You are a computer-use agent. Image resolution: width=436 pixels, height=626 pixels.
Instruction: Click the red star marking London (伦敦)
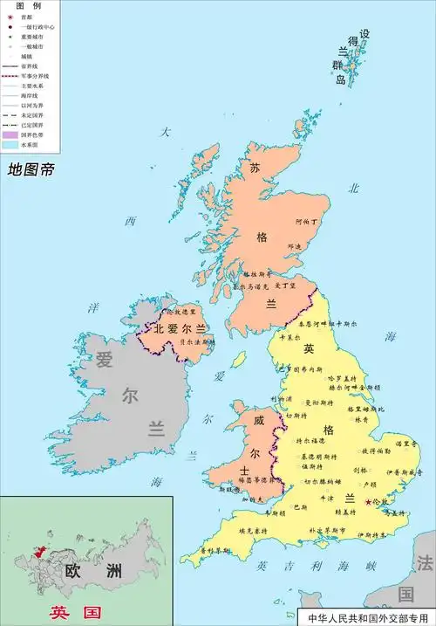368,501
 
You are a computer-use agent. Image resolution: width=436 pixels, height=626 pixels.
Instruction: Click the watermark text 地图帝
31,169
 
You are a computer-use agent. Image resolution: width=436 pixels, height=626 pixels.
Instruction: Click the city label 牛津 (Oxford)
327,497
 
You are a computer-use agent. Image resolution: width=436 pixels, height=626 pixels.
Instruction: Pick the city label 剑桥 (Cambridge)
360,470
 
